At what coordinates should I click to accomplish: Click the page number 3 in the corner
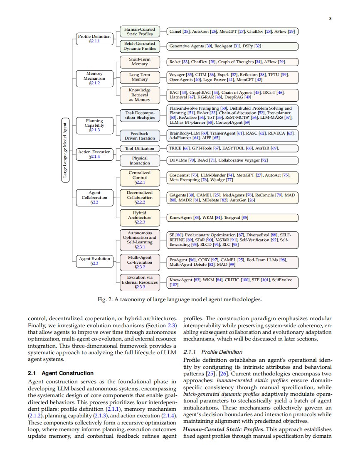click(x=330, y=19)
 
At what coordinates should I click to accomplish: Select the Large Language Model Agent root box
click(x=65, y=150)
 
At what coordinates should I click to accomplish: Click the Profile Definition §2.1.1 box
click(x=94, y=39)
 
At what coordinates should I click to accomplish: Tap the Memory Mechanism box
click(x=94, y=78)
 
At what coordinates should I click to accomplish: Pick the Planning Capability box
click(x=94, y=125)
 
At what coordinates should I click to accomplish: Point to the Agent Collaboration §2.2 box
click(x=94, y=198)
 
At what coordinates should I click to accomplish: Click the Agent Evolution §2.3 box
click(x=94, y=261)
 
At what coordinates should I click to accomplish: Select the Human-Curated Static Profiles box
click(x=140, y=32)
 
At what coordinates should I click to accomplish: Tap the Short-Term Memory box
click(x=140, y=62)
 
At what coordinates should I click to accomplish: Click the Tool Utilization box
click(x=140, y=148)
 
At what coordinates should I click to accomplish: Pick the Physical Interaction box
click(x=140, y=161)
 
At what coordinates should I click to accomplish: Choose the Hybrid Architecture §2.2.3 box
click(x=140, y=217)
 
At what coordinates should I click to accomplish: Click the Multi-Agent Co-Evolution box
click(x=140, y=262)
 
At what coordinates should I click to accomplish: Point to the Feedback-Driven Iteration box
click(x=140, y=136)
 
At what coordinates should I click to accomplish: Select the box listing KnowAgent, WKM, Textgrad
click(x=232, y=217)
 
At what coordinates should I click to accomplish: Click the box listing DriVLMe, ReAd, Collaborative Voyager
click(x=232, y=160)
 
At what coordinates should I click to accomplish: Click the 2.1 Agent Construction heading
click(x=61, y=373)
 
